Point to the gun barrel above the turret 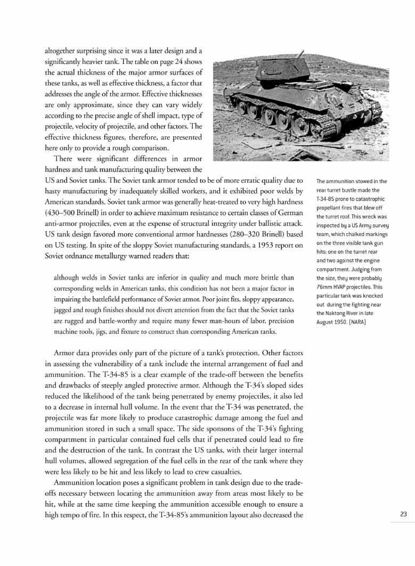coord(300,54)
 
